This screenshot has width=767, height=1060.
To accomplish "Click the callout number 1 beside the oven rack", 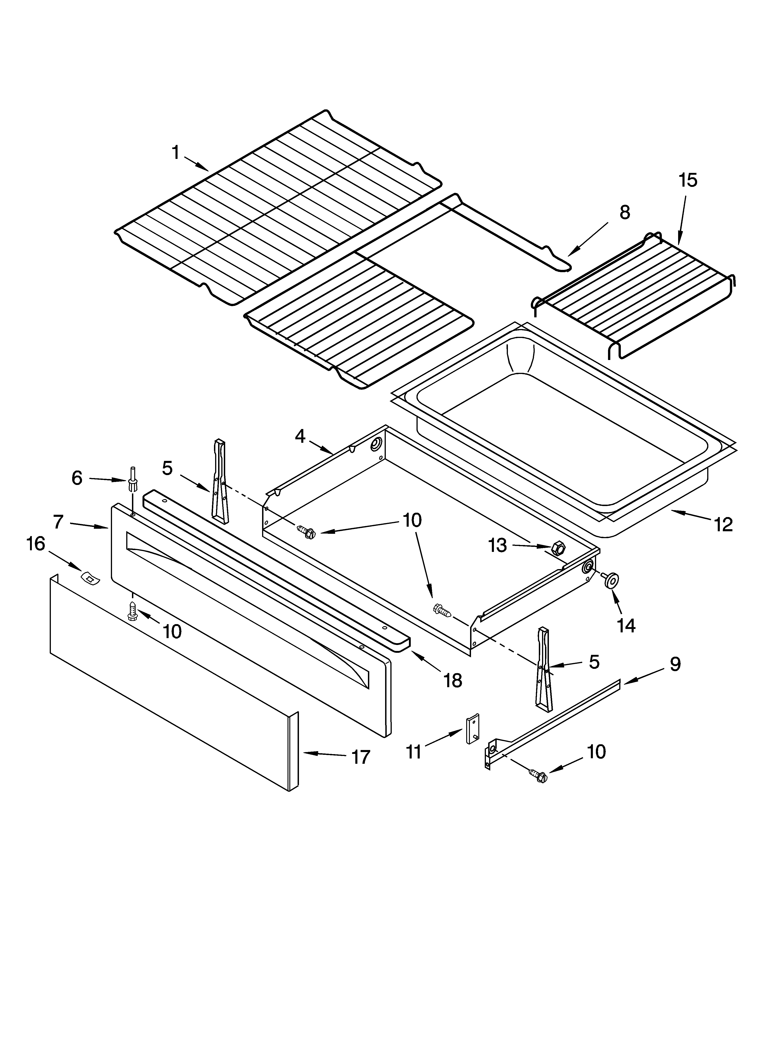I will (176, 152).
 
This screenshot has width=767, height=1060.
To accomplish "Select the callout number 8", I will (625, 213).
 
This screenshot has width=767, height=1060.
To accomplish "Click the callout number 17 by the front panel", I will (361, 757).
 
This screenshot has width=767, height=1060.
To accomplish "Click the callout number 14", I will (626, 625).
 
